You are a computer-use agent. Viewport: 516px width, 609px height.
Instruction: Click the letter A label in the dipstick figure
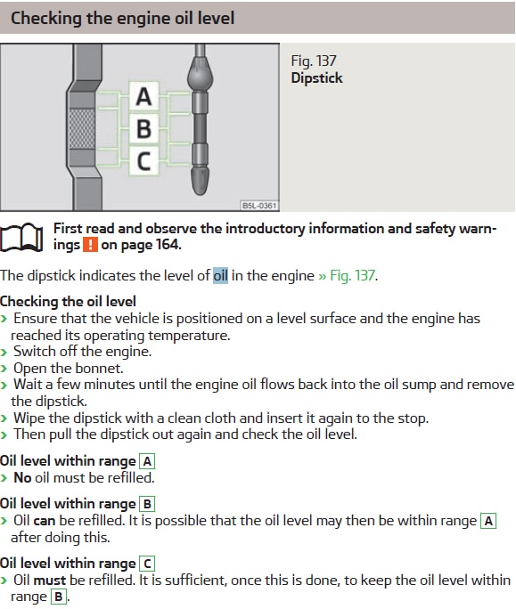pos(143,97)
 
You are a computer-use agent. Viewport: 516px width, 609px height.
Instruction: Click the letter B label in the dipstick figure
pos(143,128)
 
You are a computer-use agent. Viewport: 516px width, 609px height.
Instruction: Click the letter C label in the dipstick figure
pos(143,161)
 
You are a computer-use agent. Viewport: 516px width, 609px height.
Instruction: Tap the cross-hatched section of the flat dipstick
pos(82,128)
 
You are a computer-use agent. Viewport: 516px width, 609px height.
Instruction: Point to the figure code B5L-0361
pos(259,206)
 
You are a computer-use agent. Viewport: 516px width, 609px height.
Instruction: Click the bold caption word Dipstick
pos(316,78)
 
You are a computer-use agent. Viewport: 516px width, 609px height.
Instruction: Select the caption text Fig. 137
pos(314,61)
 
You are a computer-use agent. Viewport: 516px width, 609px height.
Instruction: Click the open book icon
pos(21,238)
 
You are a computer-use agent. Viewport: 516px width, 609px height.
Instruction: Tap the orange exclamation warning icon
pos(90,245)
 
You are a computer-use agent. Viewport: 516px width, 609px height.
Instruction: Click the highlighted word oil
pos(220,275)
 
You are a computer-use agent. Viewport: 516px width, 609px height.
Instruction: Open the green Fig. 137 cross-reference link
pos(348,275)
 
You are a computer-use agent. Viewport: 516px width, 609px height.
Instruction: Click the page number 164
pos(168,245)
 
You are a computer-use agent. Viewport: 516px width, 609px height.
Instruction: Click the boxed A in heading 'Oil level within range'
pos(147,461)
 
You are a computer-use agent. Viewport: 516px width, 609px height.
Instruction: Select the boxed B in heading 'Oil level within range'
pos(147,504)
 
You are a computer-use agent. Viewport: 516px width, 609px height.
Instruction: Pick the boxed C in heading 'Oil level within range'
pos(147,564)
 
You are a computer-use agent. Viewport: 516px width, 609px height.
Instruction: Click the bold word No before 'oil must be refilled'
pos(22,478)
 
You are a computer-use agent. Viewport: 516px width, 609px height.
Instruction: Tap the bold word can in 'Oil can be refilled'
pos(45,521)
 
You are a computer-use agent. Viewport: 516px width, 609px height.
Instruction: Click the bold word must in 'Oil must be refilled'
pos(50,581)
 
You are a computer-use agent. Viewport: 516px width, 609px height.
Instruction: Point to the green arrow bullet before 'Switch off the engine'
pos(4,353)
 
